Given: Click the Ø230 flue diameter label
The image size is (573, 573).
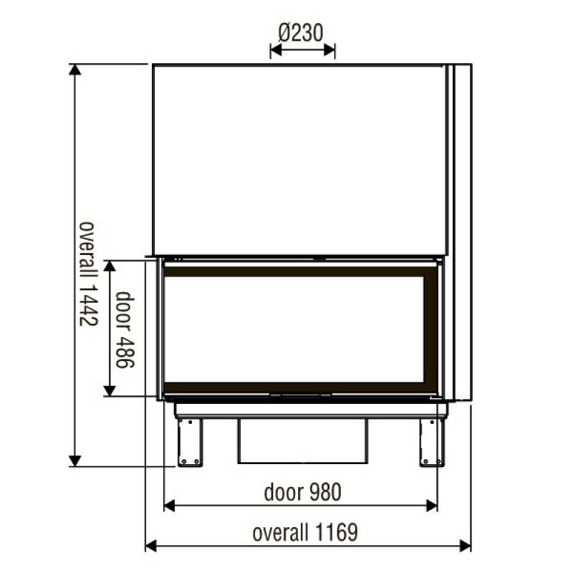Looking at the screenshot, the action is point(301,32).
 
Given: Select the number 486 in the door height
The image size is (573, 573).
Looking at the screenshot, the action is point(125,350).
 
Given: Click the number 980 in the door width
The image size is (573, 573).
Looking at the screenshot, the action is point(326,492).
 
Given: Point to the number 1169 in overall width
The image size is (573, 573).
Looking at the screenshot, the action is point(336,532).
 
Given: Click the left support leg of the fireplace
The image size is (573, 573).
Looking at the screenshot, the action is point(190,443).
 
